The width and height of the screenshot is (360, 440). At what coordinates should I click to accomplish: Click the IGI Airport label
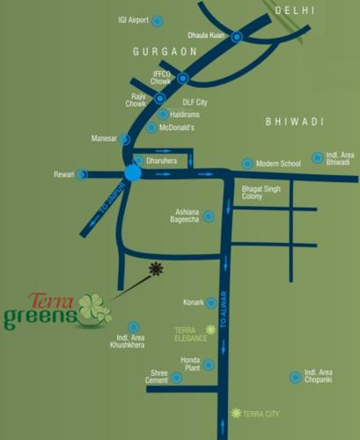pos(134,19)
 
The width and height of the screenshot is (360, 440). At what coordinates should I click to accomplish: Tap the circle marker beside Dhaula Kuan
pos(237,37)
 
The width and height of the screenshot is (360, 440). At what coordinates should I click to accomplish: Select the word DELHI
pos(294,10)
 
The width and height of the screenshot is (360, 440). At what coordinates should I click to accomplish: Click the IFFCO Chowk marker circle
pos(183,78)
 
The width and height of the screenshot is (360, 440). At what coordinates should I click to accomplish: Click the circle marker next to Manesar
pos(125,139)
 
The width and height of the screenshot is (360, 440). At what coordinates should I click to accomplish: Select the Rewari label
pos(64,174)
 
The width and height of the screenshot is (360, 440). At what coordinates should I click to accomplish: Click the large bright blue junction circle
pos(132,173)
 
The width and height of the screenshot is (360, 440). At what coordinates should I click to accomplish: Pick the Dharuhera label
pos(162,161)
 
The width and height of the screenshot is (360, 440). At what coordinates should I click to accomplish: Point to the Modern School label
pos(279,164)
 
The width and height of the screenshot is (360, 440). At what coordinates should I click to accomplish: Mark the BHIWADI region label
pos(295,121)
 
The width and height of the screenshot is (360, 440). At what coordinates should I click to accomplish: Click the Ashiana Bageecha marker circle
pos(209,216)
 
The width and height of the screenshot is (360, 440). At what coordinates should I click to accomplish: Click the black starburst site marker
pos(156,268)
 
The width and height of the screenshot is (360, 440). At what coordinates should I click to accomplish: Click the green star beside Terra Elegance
pos(209,330)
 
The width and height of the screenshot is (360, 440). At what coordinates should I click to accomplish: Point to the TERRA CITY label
pos(261,414)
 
